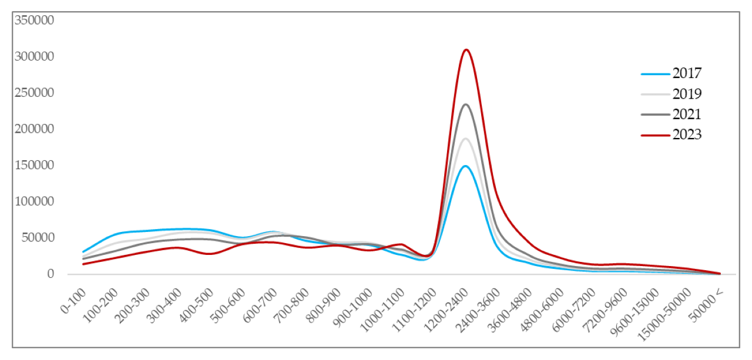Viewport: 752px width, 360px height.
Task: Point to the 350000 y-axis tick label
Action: [34, 21]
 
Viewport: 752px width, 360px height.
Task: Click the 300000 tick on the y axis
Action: [34, 57]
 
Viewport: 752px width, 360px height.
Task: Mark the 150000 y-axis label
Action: [34, 166]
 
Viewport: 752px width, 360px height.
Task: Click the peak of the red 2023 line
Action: [466, 50]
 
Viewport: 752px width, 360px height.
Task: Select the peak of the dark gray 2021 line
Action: [466, 105]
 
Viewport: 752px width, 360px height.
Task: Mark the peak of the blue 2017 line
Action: [466, 166]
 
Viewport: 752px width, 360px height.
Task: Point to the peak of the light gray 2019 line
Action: [466, 139]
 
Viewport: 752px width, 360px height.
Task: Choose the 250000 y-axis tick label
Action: [34, 93]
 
